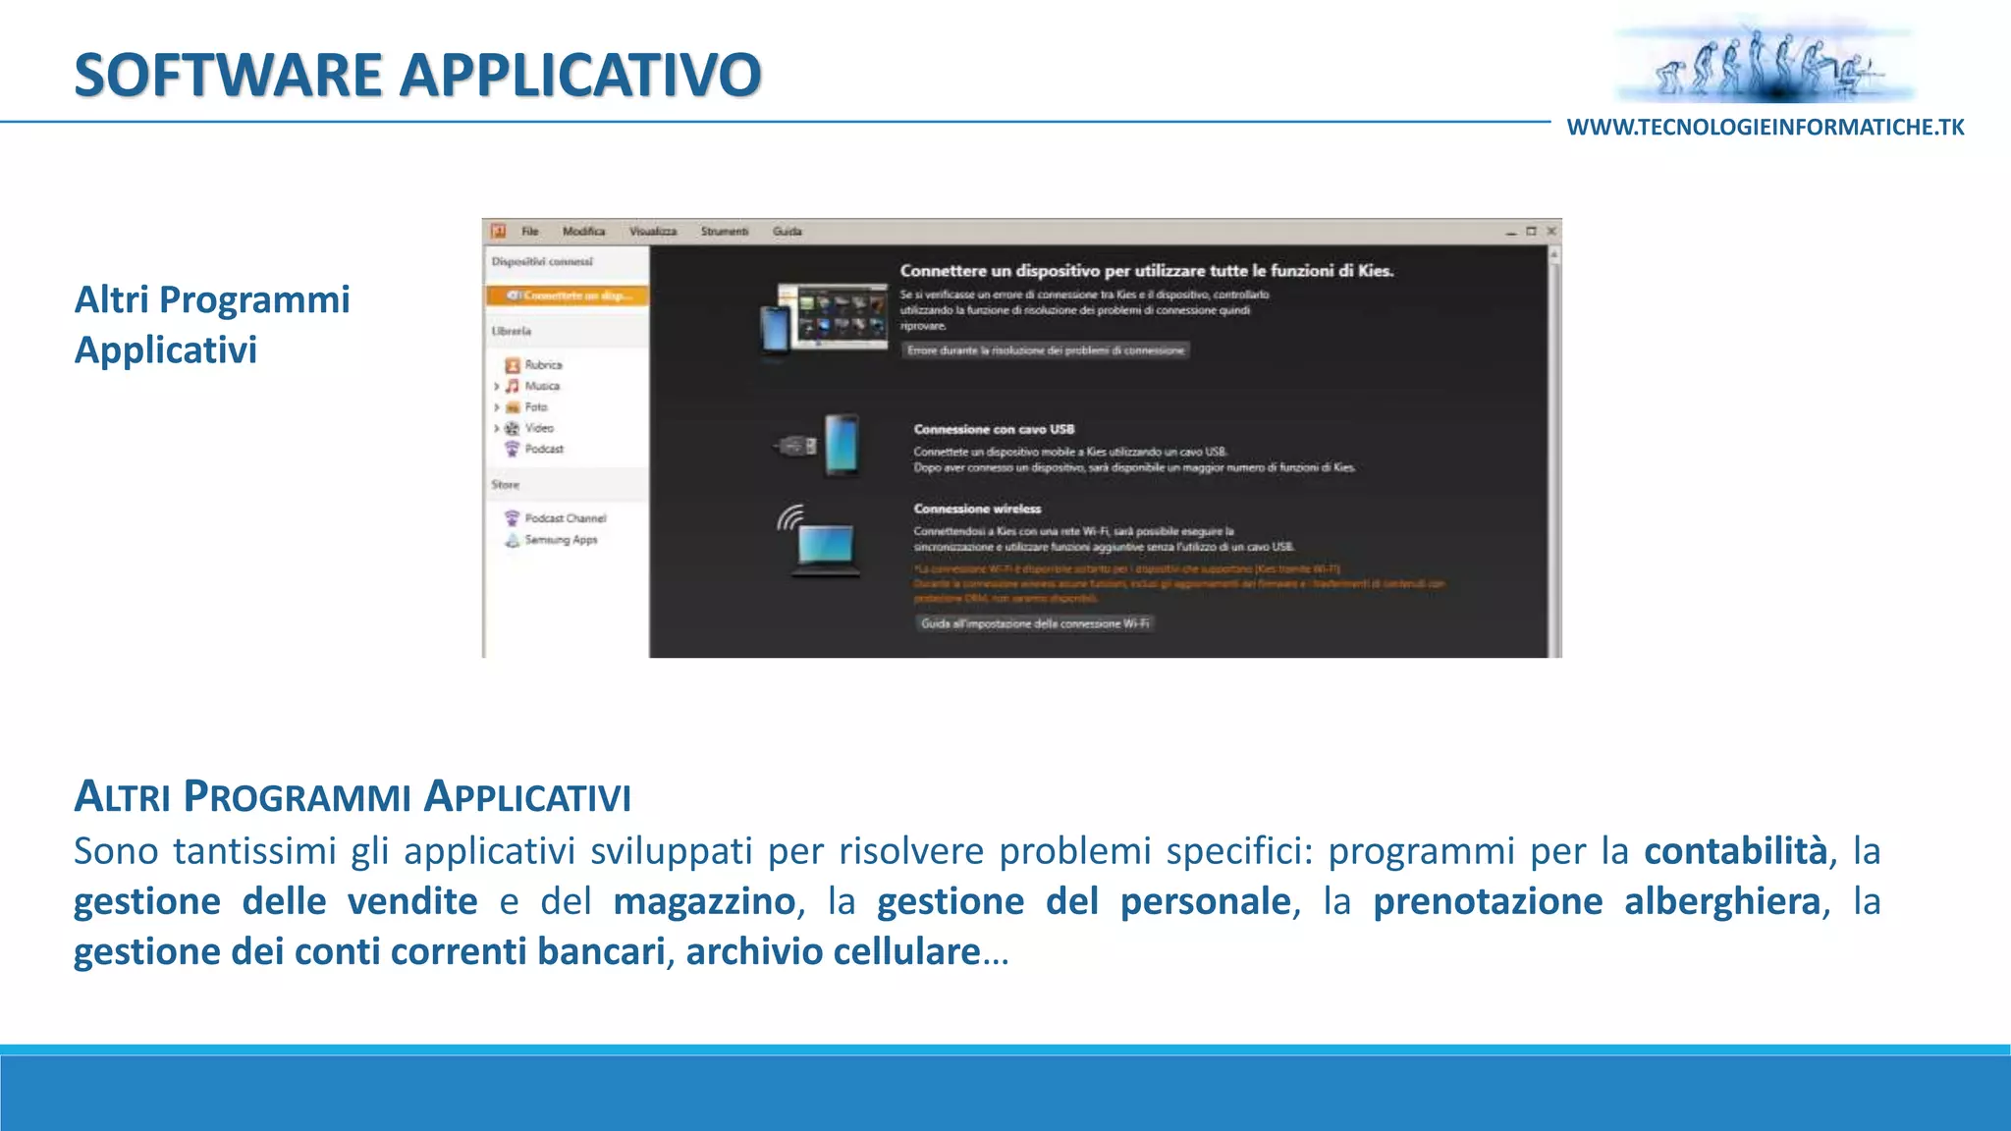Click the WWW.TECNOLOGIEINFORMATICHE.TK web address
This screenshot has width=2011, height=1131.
click(x=1765, y=128)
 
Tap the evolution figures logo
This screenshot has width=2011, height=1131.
click(x=1766, y=62)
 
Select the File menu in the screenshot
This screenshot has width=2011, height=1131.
click(x=530, y=232)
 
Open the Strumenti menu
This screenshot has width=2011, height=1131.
click(x=724, y=232)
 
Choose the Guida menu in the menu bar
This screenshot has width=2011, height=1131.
click(x=787, y=232)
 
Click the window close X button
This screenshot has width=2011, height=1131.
click(x=1551, y=232)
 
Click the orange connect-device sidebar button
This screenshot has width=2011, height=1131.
click(x=568, y=296)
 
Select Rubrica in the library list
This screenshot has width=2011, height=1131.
click(x=543, y=365)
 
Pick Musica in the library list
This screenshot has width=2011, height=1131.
click(x=542, y=386)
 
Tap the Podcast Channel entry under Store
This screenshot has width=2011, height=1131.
click(x=565, y=518)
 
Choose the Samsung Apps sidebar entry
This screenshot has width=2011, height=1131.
click(x=561, y=540)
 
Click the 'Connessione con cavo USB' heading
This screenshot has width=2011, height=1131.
click(x=994, y=429)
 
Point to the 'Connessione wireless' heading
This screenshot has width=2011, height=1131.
click(x=977, y=509)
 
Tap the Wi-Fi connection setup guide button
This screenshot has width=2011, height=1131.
click(x=1035, y=623)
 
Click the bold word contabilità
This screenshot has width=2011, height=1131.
click(x=1735, y=851)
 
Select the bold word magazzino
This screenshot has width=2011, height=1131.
click(x=704, y=901)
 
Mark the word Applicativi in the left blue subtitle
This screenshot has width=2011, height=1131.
click(x=166, y=350)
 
